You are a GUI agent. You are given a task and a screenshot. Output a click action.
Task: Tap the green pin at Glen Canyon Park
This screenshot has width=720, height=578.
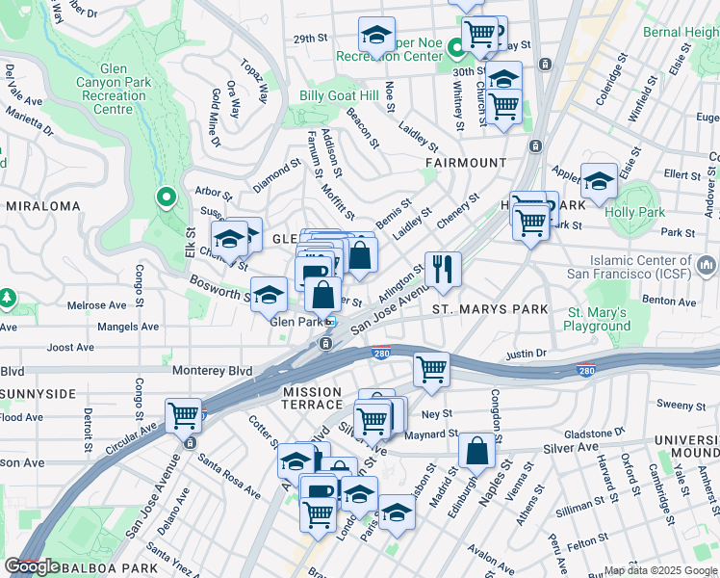pos(166,198)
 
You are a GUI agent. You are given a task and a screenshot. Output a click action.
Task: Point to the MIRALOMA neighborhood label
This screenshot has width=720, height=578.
pos(40,206)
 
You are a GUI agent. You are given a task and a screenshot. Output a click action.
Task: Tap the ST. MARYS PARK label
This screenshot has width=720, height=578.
pos(489,309)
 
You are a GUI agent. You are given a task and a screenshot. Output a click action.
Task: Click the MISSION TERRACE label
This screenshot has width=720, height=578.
pos(312,399)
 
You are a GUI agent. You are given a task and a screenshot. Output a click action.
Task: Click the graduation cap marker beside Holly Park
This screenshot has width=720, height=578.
pos(599,180)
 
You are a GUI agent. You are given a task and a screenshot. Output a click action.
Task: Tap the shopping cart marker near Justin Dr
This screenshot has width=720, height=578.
pos(432,369)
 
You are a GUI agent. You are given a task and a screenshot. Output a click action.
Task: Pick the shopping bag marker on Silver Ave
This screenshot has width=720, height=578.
pos(477,450)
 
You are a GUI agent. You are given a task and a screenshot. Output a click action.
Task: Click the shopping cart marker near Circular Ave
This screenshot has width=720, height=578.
pos(183,415)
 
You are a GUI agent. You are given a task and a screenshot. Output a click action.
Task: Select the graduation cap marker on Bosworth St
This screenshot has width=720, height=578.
pos(270,294)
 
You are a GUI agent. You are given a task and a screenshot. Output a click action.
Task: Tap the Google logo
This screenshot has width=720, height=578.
pos(33,566)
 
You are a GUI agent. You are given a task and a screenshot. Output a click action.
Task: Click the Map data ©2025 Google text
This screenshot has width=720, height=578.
pos(659,570)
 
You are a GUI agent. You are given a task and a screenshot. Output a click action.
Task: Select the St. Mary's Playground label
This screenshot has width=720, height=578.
pos(598,319)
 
